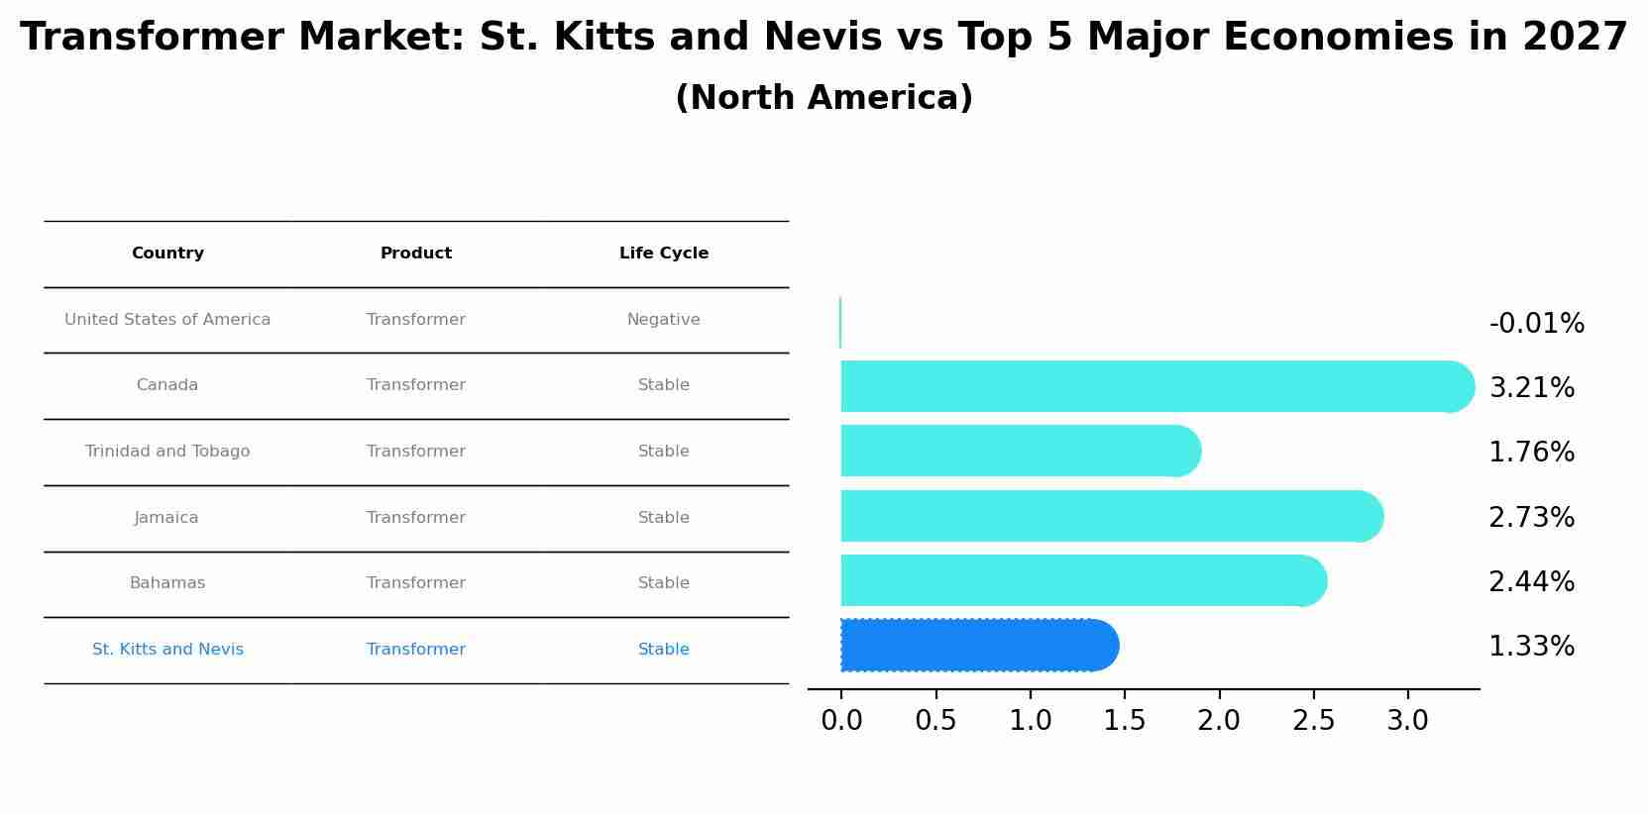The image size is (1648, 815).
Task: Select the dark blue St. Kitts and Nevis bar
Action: point(976,646)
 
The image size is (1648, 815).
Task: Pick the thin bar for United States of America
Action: point(840,323)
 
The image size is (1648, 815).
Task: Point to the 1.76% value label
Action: point(1531,453)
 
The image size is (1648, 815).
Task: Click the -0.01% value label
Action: point(1536,324)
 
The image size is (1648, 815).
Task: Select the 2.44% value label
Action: point(1531,582)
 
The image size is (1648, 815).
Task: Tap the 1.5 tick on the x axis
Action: point(1125,721)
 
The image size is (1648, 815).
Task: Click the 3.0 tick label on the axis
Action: point(1407,721)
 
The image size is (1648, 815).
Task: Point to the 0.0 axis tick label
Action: point(841,721)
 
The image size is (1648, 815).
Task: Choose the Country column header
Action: point(167,254)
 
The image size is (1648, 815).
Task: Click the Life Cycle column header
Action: point(664,254)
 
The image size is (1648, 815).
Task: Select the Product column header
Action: point(416,254)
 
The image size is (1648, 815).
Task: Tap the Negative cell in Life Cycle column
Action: point(664,320)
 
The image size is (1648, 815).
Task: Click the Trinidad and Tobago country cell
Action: point(167,452)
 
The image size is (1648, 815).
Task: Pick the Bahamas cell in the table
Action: point(167,583)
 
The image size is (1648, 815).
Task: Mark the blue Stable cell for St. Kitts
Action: point(664,650)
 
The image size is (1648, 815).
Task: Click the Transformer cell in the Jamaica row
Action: point(416,518)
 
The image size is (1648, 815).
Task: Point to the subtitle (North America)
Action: point(824,98)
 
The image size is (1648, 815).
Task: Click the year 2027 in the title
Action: point(1575,38)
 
